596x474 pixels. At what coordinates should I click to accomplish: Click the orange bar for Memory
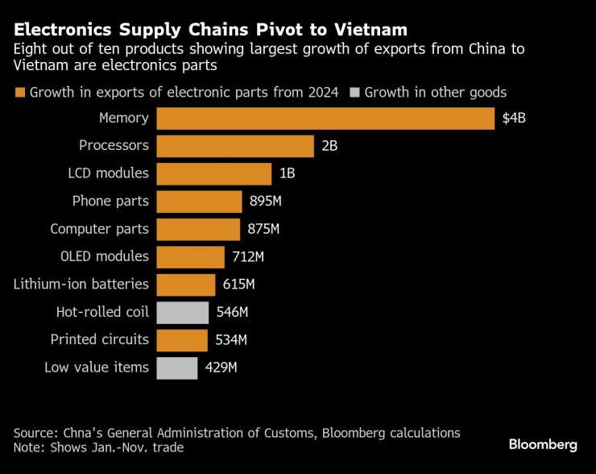pos(325,118)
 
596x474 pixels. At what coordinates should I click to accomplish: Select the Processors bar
pos(234,146)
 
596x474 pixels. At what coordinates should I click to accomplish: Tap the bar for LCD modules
pos(213,174)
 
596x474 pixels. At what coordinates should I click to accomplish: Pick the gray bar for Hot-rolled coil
pos(182,312)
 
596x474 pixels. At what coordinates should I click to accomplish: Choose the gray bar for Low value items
pos(176,368)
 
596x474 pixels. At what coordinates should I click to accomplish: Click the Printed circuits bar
pos(181,339)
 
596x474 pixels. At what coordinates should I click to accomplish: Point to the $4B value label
pos(514,118)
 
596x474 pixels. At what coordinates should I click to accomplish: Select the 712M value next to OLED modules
pos(247,257)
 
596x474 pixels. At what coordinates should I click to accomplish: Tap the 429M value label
pos(221,368)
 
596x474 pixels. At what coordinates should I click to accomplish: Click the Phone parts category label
pos(110,202)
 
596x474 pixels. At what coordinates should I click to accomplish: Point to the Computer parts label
pos(99,229)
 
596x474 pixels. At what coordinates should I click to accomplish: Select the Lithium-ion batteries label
pos(81,285)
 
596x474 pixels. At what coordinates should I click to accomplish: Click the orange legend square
pos(19,93)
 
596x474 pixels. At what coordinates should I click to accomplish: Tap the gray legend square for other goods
pos(354,93)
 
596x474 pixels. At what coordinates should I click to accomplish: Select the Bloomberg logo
pos(543,444)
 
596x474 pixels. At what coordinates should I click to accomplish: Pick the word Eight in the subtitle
pos(31,49)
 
